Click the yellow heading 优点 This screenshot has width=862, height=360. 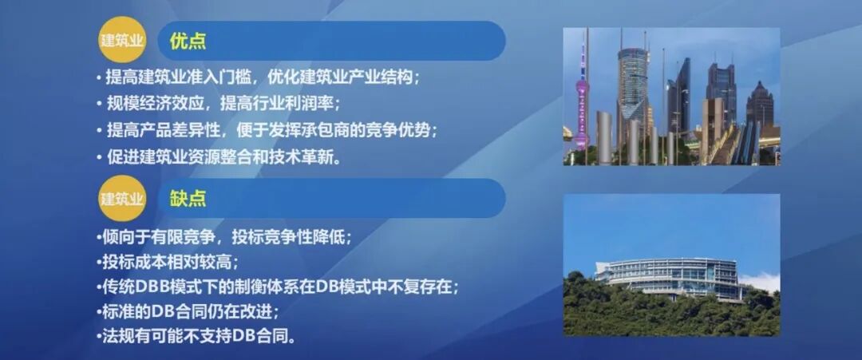188,40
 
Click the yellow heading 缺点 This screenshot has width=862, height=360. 188,198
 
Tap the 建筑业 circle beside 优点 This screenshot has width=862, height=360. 121,40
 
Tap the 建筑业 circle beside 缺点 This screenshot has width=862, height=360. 121,198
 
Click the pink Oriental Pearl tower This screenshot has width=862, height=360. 582,96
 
